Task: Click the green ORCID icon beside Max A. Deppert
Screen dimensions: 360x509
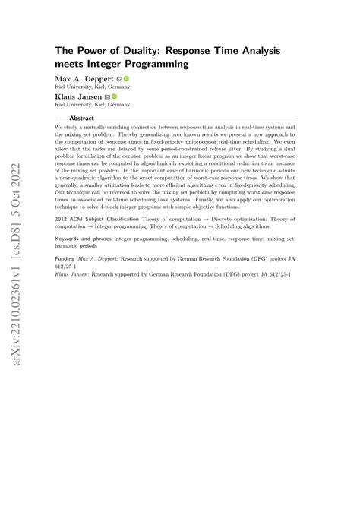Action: tap(125, 78)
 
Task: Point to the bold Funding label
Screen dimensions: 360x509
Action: tap(65, 258)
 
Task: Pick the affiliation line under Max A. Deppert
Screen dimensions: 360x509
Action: tap(84, 87)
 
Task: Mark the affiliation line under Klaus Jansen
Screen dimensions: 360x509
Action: tap(84, 105)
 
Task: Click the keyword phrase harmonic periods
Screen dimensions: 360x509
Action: tap(79, 246)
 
